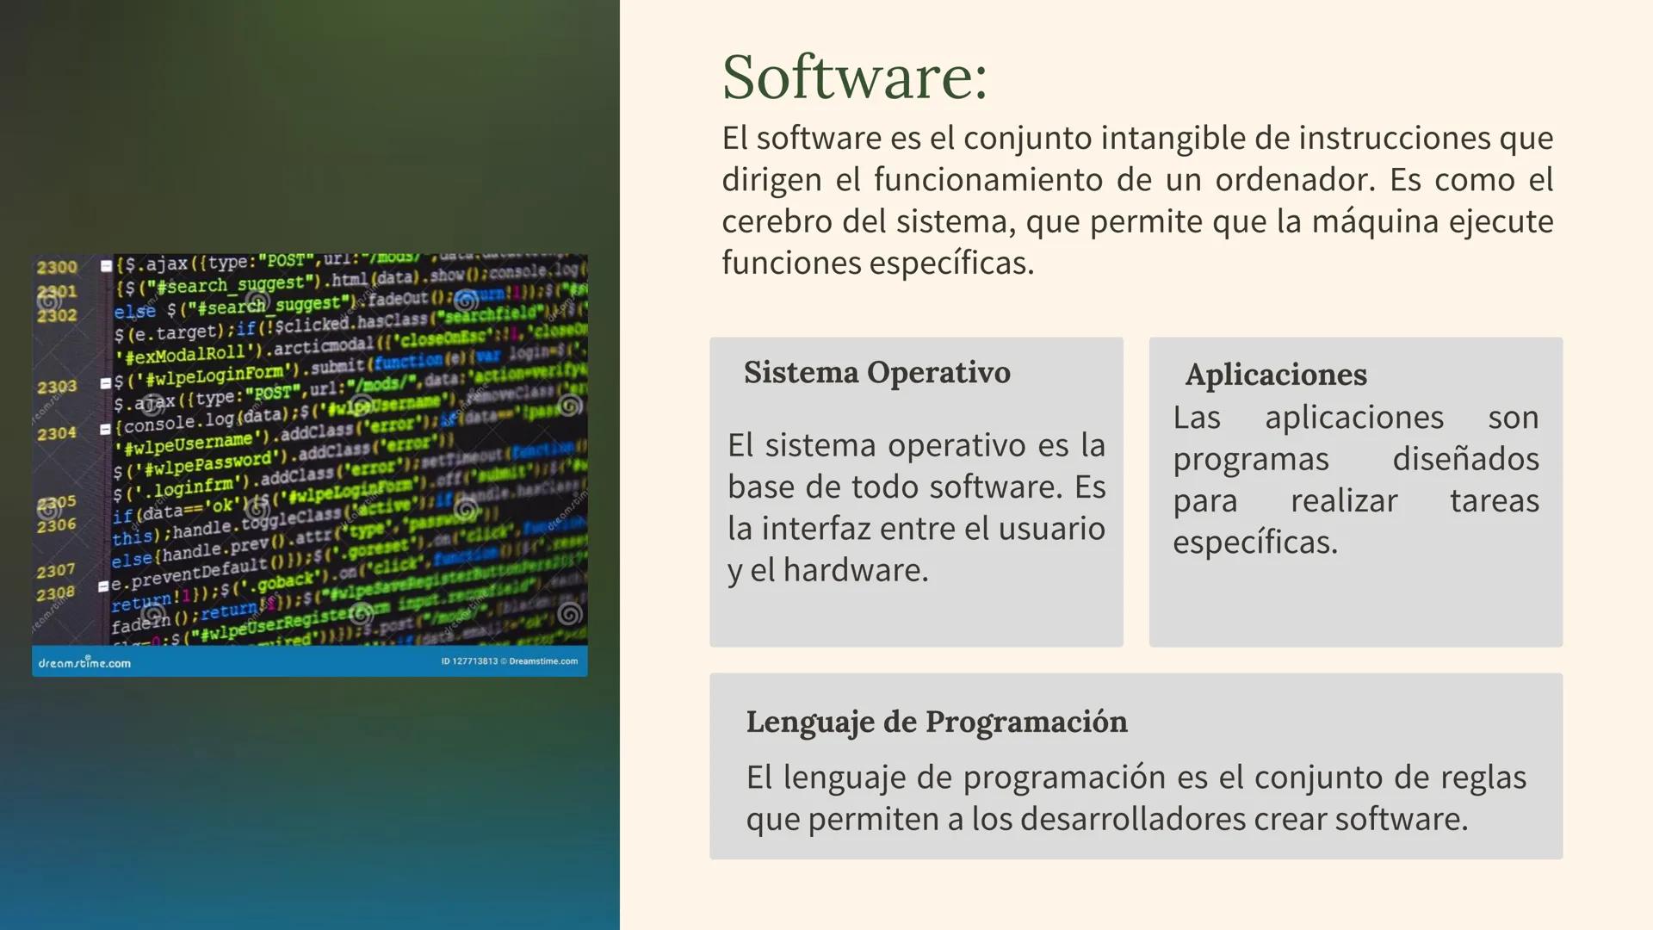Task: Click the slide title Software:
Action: point(854,77)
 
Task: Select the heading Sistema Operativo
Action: point(876,373)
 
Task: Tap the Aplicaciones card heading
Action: point(1275,375)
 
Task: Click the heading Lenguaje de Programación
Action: point(936,722)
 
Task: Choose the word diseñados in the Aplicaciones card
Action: point(1465,459)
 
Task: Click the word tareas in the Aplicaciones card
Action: point(1494,500)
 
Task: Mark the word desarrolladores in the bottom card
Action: point(1132,819)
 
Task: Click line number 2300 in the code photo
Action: point(57,267)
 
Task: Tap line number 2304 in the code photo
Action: point(57,433)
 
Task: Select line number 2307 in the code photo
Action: point(56,571)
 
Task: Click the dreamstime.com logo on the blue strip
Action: point(84,662)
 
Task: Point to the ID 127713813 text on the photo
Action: point(469,661)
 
